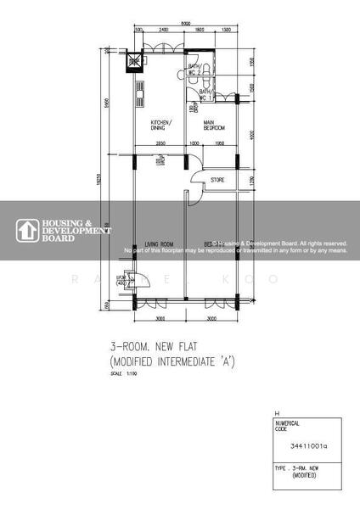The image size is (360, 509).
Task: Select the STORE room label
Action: [x=218, y=179]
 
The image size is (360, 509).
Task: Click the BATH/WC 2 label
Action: [x=194, y=69]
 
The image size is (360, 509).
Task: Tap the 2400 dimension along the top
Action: [x=164, y=31]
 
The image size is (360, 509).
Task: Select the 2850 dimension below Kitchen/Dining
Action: [x=160, y=143]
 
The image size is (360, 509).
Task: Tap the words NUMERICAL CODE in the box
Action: [x=288, y=425]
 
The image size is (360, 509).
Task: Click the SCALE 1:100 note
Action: [x=121, y=375]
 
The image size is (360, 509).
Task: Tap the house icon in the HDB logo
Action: [x=25, y=230]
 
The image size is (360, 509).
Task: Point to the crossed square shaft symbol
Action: [x=133, y=60]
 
